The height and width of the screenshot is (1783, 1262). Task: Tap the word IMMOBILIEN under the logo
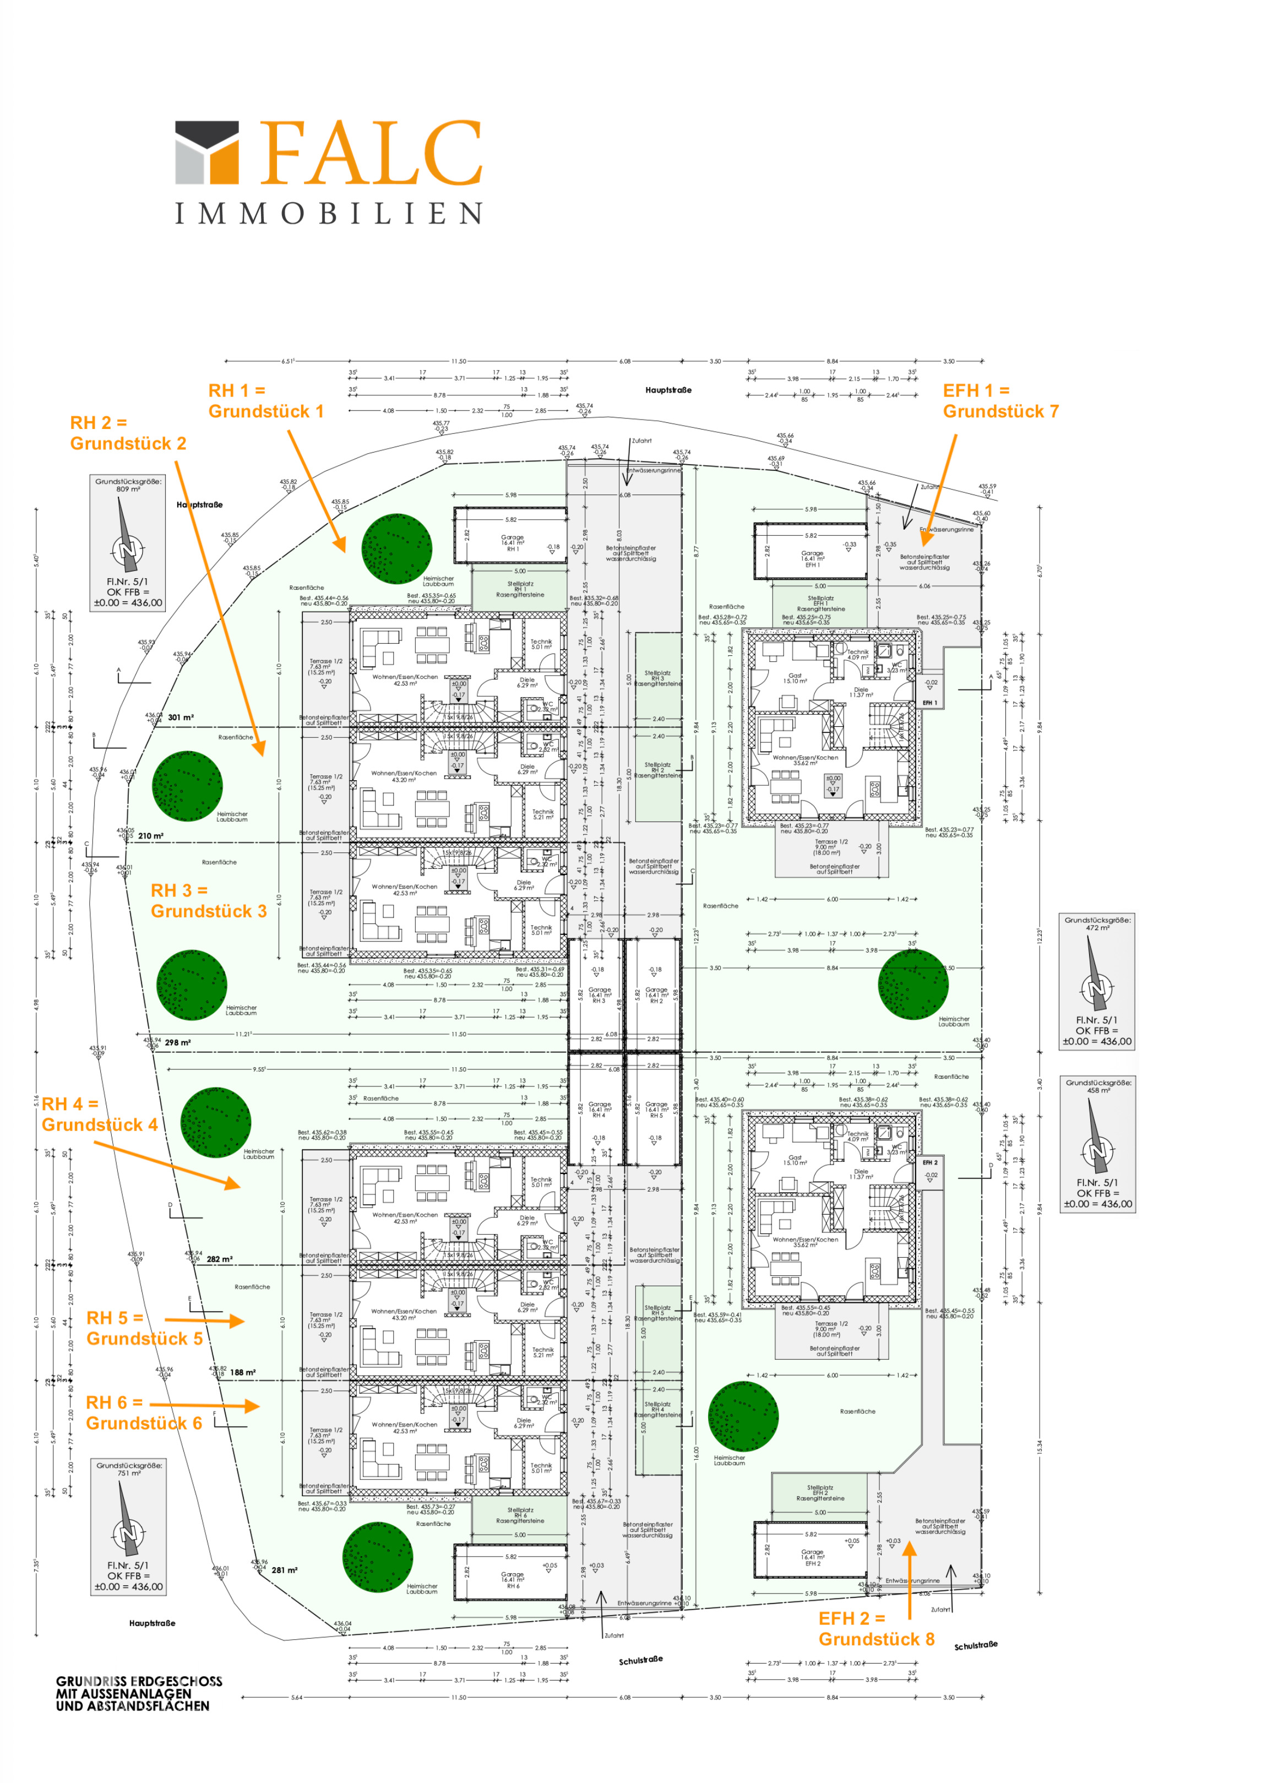click(329, 213)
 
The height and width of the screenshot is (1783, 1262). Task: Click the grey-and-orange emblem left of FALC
click(206, 153)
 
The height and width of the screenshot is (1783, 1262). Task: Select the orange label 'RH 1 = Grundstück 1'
click(266, 401)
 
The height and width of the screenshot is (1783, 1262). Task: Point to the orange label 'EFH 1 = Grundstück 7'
click(1000, 401)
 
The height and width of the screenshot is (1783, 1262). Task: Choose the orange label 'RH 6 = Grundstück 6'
click(143, 1412)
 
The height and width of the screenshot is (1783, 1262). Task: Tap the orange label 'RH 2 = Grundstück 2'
click(128, 433)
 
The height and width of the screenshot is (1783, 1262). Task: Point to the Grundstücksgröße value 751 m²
click(129, 1473)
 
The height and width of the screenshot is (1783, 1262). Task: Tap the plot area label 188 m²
click(242, 1373)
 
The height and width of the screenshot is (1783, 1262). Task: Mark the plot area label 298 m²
click(178, 1042)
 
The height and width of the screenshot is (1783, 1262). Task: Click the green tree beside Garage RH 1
click(396, 548)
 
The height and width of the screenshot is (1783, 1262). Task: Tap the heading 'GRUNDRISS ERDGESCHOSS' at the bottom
click(138, 1681)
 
